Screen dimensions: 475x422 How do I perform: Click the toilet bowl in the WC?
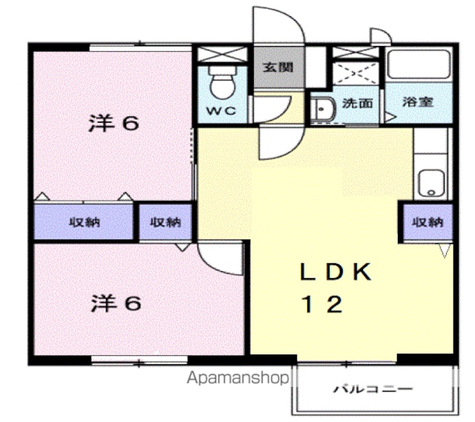(x=223, y=82)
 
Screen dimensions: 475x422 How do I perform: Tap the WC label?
(x=221, y=111)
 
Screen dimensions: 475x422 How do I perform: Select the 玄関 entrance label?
(x=278, y=67)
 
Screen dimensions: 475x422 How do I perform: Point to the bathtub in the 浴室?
(x=419, y=65)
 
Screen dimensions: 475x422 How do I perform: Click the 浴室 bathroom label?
(x=417, y=102)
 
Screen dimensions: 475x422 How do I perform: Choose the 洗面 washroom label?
(x=358, y=104)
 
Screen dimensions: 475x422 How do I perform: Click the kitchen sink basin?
(x=431, y=183)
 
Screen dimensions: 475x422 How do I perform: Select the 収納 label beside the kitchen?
(x=428, y=222)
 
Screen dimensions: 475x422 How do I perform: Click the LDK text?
(x=335, y=271)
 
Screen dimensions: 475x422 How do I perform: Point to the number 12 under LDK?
(x=322, y=304)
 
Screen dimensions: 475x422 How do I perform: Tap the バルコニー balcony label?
(x=373, y=389)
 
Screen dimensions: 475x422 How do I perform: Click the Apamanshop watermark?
(x=237, y=378)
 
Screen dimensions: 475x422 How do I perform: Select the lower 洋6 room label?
(x=116, y=303)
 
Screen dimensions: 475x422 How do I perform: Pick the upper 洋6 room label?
(x=114, y=123)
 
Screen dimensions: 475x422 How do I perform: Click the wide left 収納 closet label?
(x=85, y=222)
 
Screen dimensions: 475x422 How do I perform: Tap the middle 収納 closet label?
(x=166, y=222)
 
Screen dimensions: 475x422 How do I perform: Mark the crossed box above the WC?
(x=223, y=54)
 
